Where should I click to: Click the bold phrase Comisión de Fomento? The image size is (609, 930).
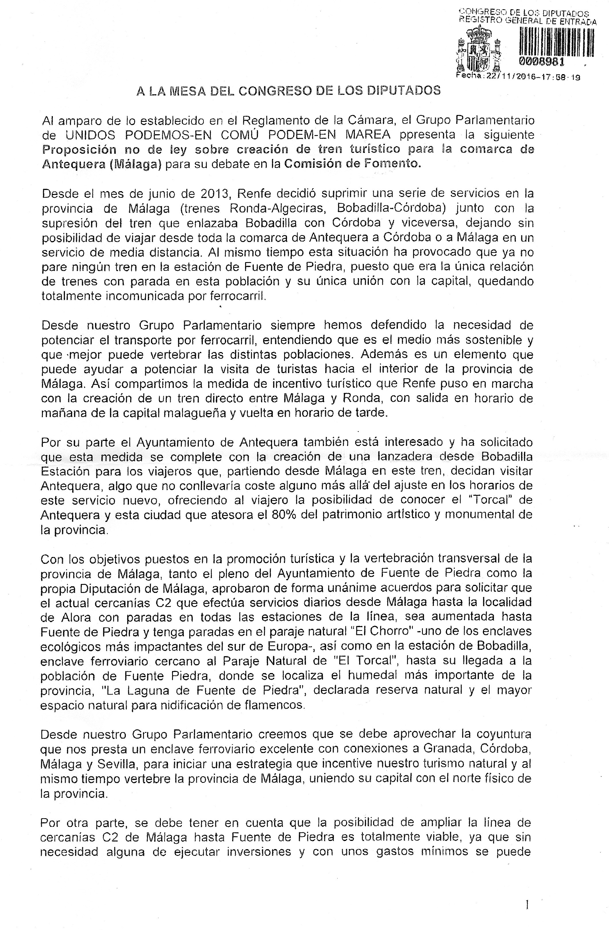[x=353, y=164]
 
